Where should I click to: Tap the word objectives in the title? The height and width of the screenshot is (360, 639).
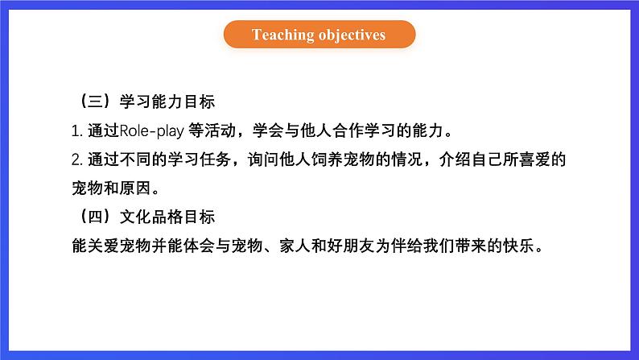[352, 35]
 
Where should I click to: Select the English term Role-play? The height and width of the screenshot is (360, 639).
[151, 130]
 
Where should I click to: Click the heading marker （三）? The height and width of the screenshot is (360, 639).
[94, 101]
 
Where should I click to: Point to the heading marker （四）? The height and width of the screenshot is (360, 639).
[94, 217]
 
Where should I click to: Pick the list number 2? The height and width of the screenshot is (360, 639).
[77, 159]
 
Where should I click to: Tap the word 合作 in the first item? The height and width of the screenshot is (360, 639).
[348, 130]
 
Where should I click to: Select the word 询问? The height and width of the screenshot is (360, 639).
[263, 159]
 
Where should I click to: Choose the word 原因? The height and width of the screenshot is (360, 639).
[135, 188]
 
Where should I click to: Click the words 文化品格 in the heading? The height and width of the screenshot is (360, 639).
[151, 217]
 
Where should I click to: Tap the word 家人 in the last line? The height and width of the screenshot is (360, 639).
[295, 246]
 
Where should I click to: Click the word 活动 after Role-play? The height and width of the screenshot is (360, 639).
[220, 130]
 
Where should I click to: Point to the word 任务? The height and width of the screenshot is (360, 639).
[215, 159]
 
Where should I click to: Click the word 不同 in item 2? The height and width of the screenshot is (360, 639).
[135, 159]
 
